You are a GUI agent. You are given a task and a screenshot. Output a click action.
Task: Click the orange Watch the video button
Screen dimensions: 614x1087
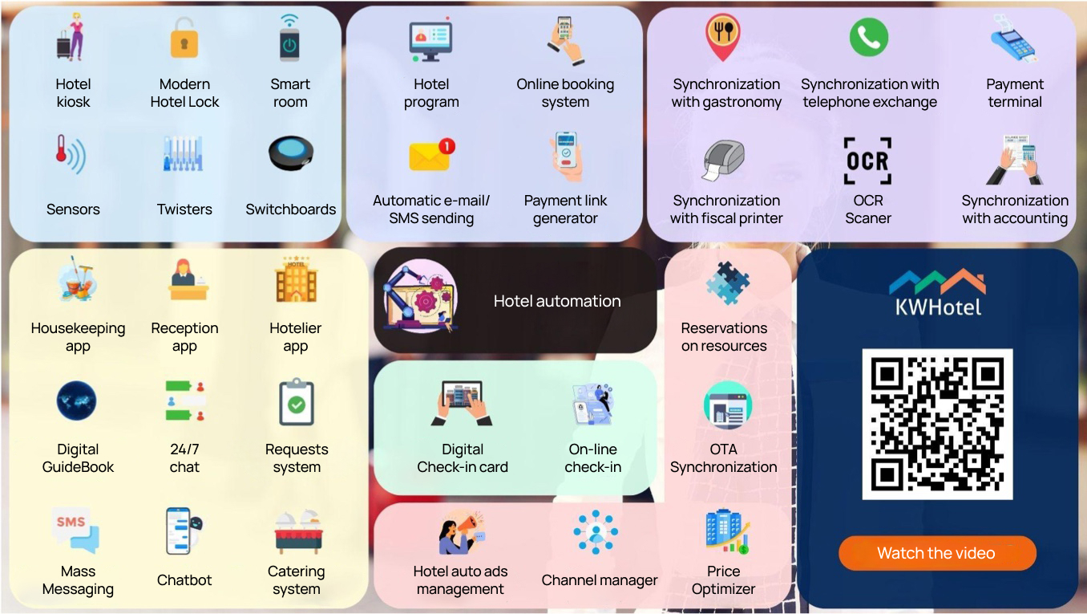(936, 553)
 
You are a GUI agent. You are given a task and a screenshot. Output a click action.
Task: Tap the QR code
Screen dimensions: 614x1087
(937, 424)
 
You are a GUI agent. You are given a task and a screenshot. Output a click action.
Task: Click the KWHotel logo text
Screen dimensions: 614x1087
(937, 306)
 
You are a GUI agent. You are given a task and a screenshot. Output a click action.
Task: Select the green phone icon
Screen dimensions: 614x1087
(869, 38)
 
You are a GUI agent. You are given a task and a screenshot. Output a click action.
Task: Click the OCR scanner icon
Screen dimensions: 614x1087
(868, 161)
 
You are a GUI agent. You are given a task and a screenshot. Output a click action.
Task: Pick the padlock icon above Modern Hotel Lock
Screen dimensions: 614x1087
(184, 39)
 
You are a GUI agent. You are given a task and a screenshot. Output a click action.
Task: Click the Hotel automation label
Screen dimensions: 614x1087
(557, 301)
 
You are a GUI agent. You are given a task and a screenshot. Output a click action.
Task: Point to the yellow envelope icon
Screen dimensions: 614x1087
(431, 155)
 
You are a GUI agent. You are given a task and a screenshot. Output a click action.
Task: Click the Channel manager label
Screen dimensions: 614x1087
(600, 579)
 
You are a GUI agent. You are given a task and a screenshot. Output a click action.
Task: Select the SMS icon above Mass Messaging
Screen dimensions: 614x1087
(76, 529)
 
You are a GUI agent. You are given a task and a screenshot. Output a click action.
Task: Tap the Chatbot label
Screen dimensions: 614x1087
(184, 579)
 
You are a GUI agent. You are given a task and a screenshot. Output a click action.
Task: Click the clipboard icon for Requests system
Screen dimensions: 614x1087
(296, 403)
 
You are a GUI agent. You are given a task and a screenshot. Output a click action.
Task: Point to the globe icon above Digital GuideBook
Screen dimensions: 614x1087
(77, 401)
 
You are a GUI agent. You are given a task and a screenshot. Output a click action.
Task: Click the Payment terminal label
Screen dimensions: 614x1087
(1014, 93)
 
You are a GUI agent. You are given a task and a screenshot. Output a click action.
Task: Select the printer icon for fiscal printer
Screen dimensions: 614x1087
(724, 161)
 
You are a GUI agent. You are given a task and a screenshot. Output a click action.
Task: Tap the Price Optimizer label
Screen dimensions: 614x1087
(723, 579)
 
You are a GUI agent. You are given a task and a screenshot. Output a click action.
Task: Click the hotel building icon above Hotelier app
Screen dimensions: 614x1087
(296, 279)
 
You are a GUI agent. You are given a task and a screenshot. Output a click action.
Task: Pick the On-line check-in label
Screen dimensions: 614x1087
(592, 457)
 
